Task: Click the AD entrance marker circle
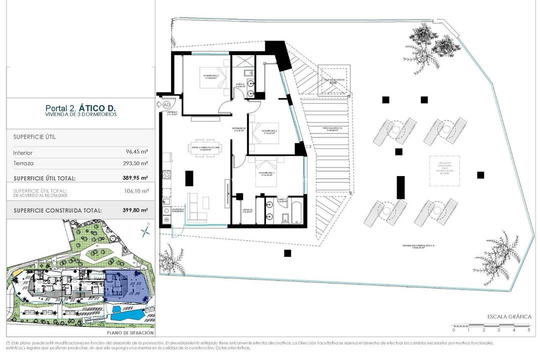click(x=167, y=104)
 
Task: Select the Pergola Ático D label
click(x=331, y=128)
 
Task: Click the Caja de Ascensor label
click(x=331, y=79)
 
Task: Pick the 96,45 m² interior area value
click(x=137, y=152)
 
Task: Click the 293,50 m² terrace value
click(x=136, y=163)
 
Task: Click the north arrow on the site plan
click(x=145, y=231)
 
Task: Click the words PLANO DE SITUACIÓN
click(x=130, y=332)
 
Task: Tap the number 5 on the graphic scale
click(x=528, y=330)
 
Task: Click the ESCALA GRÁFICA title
click(x=509, y=316)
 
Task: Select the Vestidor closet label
click(x=247, y=210)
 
